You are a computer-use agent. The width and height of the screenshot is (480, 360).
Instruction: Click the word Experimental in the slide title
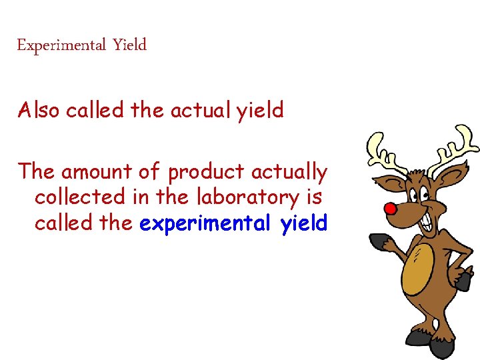(61, 46)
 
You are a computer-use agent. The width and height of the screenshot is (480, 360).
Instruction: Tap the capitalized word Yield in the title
(129, 46)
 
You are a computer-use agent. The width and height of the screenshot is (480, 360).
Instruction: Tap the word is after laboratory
(315, 197)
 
